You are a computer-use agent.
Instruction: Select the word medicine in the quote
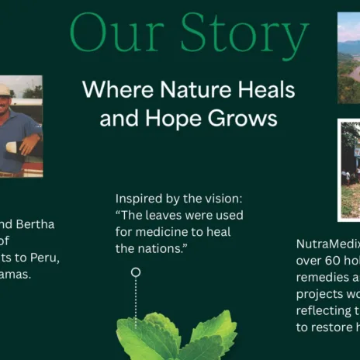(163, 232)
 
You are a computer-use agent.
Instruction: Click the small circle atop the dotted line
(136, 272)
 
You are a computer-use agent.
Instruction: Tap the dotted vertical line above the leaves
(136, 299)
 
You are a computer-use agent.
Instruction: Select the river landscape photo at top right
(349, 58)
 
